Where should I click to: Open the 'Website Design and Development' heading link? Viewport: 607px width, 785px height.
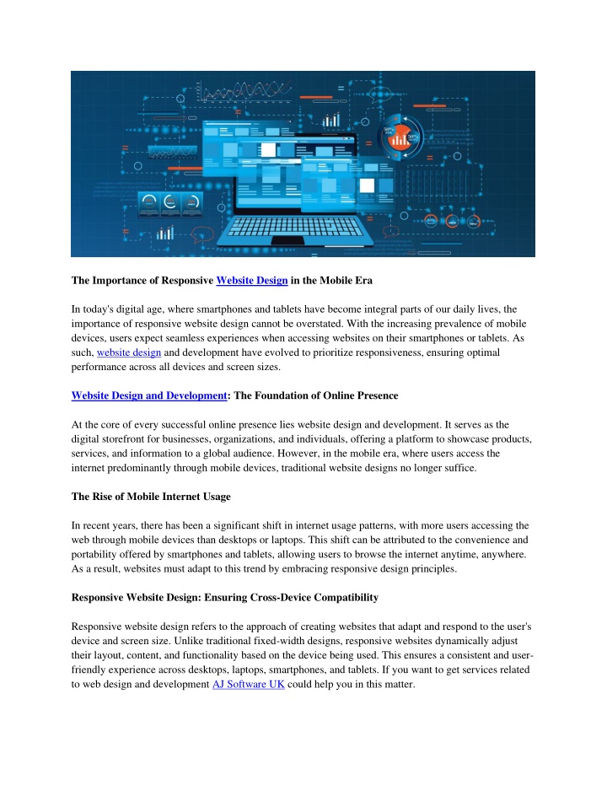(149, 395)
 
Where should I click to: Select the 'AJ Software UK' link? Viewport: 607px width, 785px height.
(247, 686)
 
